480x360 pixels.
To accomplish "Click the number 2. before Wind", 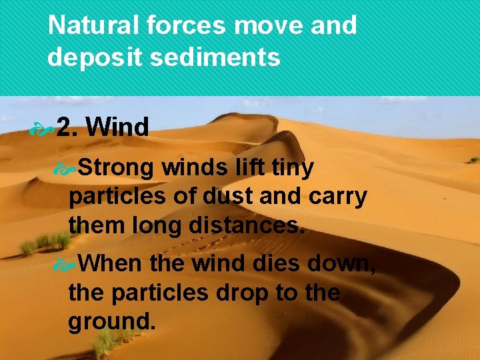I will (67, 126).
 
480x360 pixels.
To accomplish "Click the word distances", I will (246, 225).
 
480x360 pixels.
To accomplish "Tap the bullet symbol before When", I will (68, 265).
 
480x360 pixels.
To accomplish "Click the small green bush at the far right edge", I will (473, 160).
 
